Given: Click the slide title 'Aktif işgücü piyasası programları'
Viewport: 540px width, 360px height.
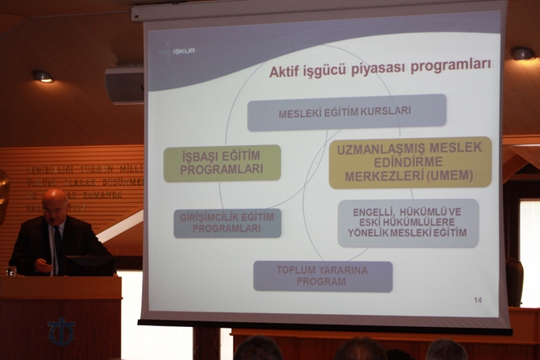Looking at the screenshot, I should pyautogui.click(x=380, y=68).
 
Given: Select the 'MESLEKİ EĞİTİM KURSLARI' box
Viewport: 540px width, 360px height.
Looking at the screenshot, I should pyautogui.click(x=346, y=113).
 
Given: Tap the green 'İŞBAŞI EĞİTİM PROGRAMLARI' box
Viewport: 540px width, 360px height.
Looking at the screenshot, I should pyautogui.click(x=222, y=163).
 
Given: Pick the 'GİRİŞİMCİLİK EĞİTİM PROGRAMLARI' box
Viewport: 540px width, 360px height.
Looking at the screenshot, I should pyautogui.click(x=227, y=223).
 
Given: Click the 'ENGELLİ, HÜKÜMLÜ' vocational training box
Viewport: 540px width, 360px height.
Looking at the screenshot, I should pyautogui.click(x=408, y=223).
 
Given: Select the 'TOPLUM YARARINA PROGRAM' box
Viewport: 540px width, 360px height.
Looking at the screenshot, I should pyautogui.click(x=322, y=276).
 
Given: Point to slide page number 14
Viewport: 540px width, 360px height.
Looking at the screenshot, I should pyautogui.click(x=478, y=300).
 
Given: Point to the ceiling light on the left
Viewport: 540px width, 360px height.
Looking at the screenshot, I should pyautogui.click(x=42, y=77).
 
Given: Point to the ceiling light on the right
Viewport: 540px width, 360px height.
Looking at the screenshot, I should pyautogui.click(x=522, y=53).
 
